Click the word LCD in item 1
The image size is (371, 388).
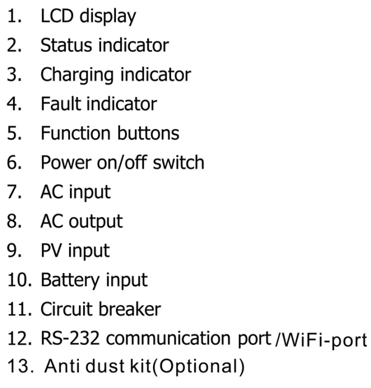(57, 16)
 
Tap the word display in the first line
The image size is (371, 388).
(108, 17)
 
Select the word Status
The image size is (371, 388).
(66, 45)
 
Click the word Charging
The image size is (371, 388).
(77, 75)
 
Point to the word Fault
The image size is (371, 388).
(60, 104)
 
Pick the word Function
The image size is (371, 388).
(75, 133)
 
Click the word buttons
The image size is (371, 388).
(148, 133)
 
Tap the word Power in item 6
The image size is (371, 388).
(66, 162)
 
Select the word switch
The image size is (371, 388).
(178, 162)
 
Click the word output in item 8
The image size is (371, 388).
(95, 222)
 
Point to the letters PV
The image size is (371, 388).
(51, 250)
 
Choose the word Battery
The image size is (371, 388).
(70, 281)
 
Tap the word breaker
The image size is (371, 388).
(130, 309)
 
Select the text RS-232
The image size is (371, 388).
(70, 338)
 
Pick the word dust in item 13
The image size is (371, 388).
(105, 366)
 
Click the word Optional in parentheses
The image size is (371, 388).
(198, 367)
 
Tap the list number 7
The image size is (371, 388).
(14, 192)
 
